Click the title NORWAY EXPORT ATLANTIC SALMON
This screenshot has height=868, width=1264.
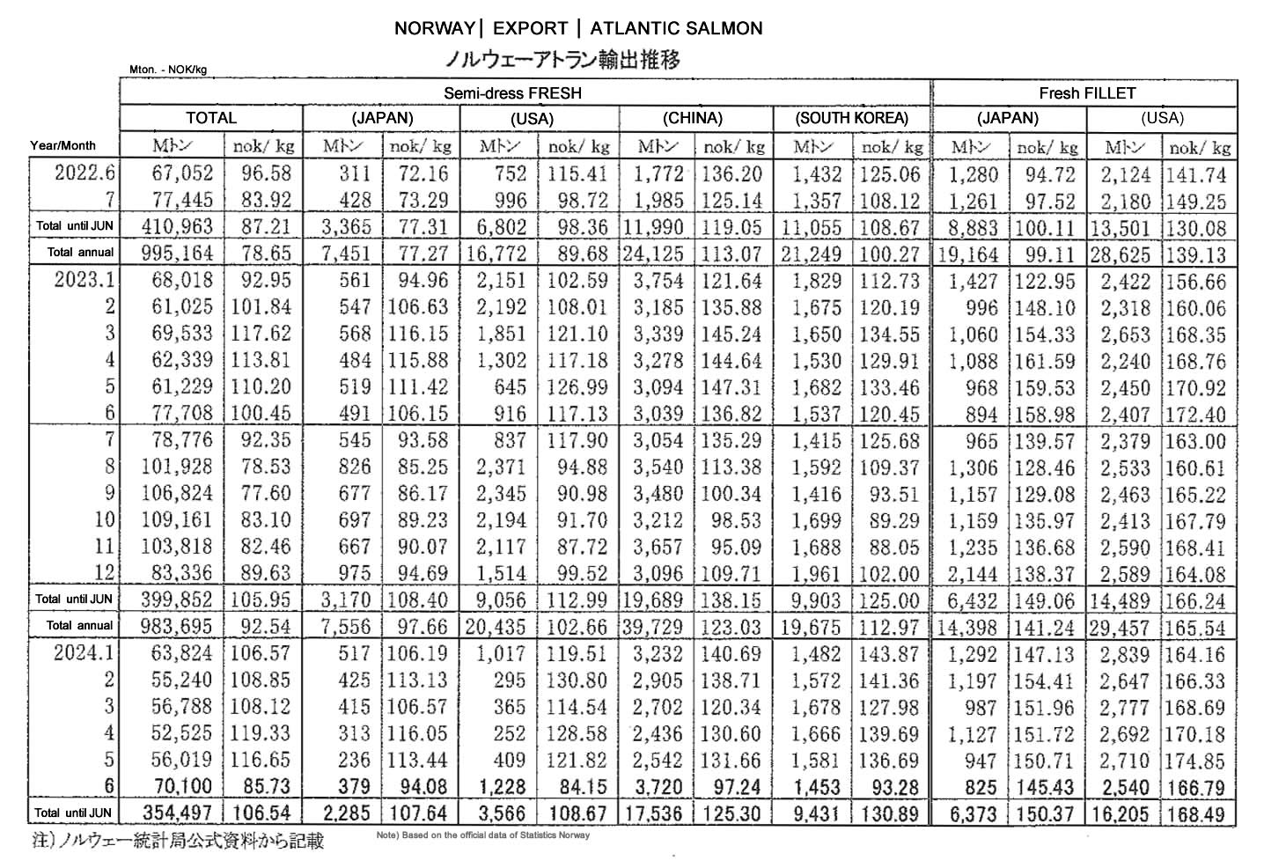pos(577,28)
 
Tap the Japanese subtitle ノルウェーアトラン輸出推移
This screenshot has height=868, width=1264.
pos(563,60)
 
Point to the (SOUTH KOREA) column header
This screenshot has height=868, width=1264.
pos(851,118)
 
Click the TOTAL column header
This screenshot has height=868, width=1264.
pos(211,118)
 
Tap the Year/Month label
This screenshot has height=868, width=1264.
pos(62,146)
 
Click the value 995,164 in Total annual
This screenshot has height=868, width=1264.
pos(177,254)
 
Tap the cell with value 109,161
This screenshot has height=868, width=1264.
pos(177,521)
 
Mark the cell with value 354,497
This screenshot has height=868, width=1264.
pos(177,814)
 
